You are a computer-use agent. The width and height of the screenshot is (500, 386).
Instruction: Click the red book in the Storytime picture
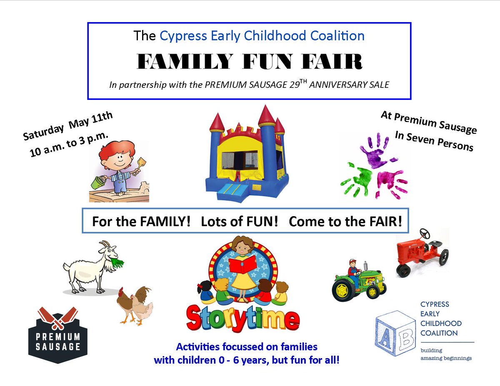tap(243, 264)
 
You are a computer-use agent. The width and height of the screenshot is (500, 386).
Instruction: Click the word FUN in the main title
tap(274, 62)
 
